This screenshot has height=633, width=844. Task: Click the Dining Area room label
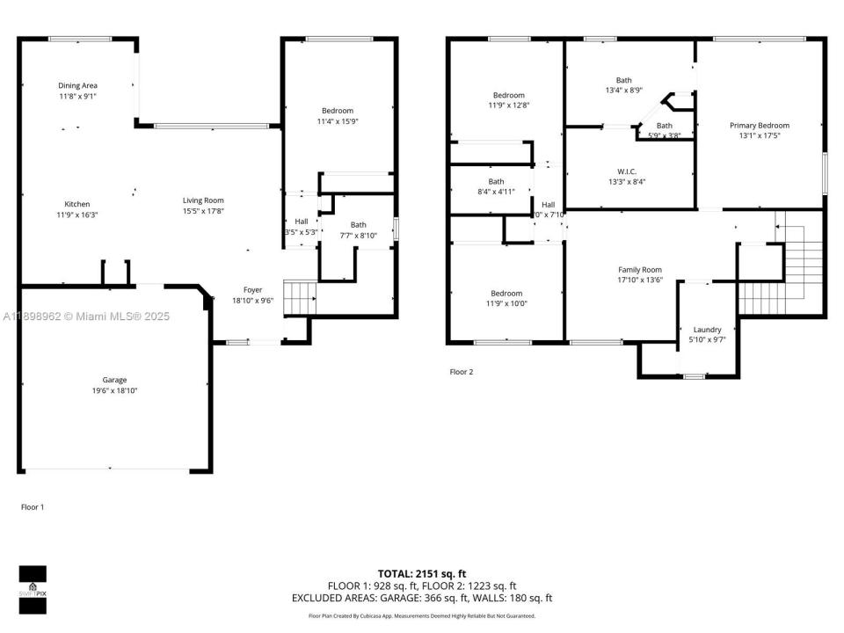(x=77, y=85)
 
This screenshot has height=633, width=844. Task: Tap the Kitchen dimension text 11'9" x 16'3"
(x=77, y=215)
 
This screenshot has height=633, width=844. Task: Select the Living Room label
(x=203, y=200)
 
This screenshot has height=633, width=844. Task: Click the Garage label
(x=114, y=380)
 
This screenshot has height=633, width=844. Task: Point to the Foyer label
(x=252, y=289)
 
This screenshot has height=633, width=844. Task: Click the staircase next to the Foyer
(x=299, y=297)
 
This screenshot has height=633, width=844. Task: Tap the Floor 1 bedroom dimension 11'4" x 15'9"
(x=337, y=121)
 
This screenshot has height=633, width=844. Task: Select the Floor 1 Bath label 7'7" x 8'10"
(x=358, y=236)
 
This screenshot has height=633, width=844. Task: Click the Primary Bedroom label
(x=760, y=125)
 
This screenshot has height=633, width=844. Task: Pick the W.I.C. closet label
(x=627, y=171)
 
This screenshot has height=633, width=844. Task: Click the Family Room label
(x=640, y=270)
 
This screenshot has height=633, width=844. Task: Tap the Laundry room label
(x=707, y=330)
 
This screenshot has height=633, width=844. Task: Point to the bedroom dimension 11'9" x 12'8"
(x=508, y=105)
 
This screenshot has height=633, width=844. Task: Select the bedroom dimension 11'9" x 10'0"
(x=506, y=304)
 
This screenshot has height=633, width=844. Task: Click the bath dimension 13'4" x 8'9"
(x=624, y=91)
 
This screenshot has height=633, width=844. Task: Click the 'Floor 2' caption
(x=462, y=372)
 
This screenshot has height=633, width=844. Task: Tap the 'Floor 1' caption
(x=32, y=507)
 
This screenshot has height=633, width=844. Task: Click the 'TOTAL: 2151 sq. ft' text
(x=422, y=572)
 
